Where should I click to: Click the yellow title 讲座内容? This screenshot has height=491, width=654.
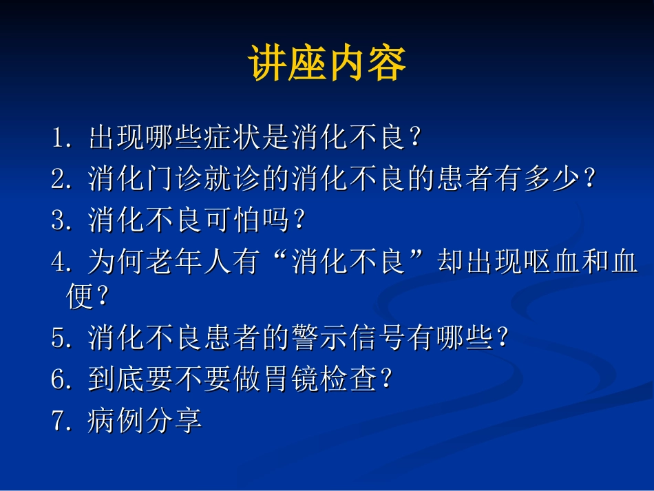[327, 64]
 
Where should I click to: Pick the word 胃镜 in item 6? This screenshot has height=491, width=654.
[290, 379]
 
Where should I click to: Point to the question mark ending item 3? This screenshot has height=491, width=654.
[299, 221]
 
